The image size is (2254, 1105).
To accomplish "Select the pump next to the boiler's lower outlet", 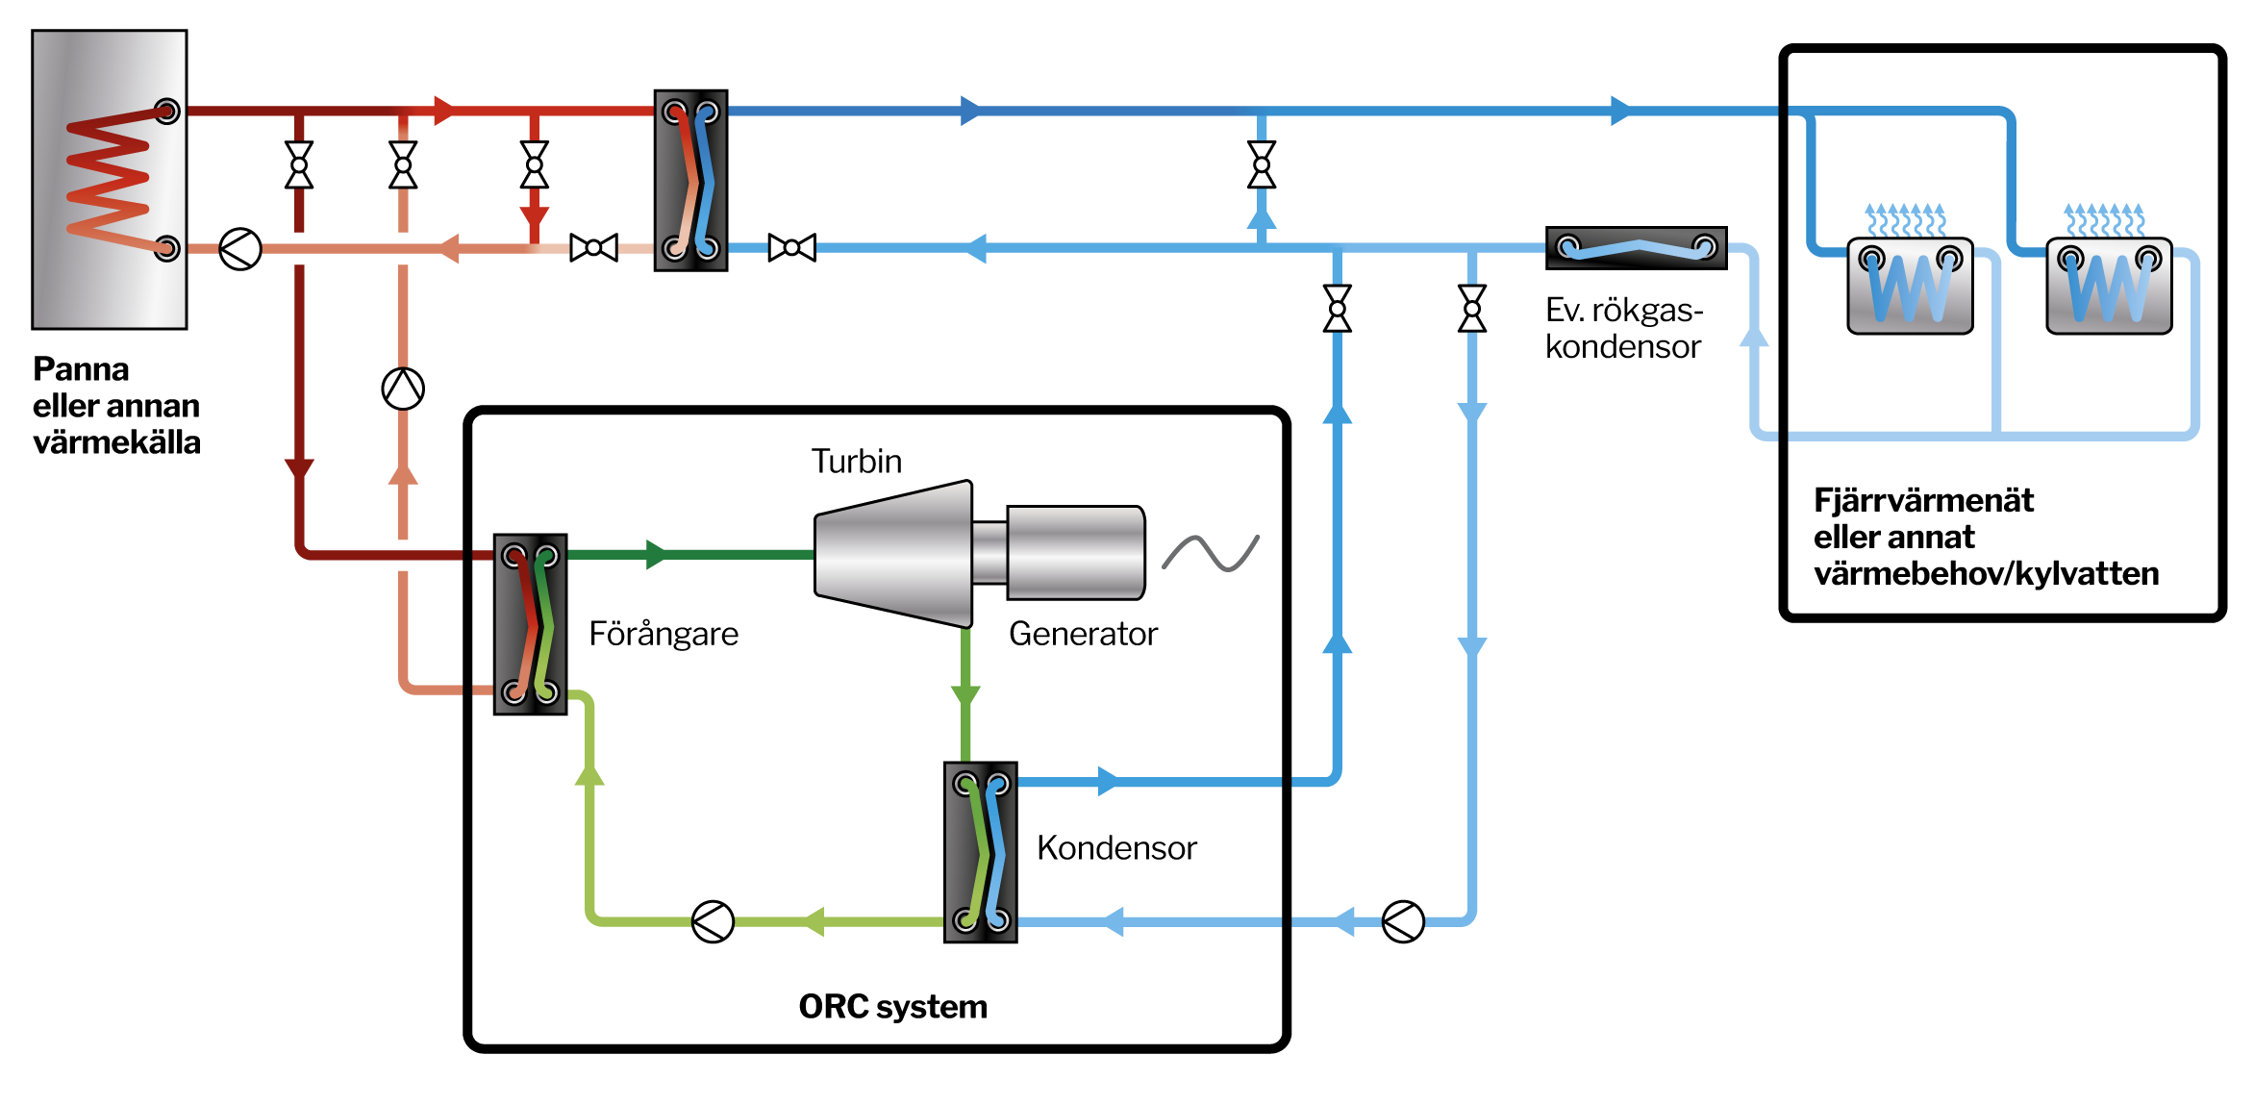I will (x=239, y=249).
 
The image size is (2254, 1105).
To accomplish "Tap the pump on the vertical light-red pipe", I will (x=403, y=389).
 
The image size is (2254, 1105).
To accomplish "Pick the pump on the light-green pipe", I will (x=713, y=921).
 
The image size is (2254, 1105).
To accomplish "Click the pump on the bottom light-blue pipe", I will (x=1402, y=921).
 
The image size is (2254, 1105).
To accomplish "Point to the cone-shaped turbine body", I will (x=894, y=554).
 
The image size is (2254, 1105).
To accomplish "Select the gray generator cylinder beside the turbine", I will (x=1075, y=553).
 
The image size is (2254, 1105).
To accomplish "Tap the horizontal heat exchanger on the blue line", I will (x=1636, y=248).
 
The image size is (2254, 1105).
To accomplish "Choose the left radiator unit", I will (x=1910, y=287).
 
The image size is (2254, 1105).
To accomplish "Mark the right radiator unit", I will (x=2109, y=287).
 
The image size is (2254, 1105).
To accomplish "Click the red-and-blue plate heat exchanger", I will (x=690, y=180).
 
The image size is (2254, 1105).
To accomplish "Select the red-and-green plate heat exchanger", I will (x=530, y=624).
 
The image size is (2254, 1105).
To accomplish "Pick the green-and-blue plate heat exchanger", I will (x=981, y=852).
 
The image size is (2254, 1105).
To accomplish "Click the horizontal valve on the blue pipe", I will (x=791, y=248).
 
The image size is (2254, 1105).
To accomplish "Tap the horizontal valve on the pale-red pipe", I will (x=593, y=248).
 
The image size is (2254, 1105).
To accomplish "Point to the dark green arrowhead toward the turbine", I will (x=657, y=554).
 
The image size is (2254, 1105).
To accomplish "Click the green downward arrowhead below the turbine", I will (x=965, y=695).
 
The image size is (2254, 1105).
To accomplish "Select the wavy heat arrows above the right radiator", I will (x=2104, y=220).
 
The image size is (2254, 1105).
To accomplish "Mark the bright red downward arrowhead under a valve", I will (x=535, y=217).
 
